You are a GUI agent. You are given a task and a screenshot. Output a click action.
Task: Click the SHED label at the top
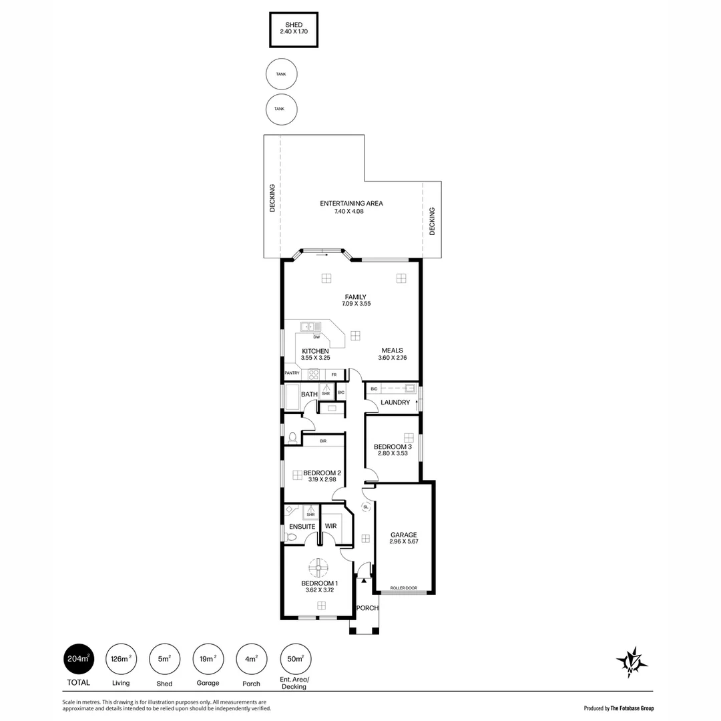294,25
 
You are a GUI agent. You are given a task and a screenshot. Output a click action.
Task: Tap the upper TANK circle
281,74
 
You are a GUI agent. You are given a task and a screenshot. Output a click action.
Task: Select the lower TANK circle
281,109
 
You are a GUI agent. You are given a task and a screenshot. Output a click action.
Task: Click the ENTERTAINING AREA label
351,204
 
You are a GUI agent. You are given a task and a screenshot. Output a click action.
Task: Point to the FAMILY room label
355,297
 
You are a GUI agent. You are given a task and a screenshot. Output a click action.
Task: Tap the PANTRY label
292,373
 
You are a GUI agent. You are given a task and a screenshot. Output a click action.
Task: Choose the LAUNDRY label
395,403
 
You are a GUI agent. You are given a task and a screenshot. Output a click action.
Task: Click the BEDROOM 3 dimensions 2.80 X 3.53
393,454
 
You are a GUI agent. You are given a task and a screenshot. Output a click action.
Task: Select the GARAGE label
404,535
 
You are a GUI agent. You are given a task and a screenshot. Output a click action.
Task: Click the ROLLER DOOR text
404,588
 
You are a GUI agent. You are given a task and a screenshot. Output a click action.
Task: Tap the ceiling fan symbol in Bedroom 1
318,569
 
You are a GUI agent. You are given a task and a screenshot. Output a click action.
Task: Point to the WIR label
330,526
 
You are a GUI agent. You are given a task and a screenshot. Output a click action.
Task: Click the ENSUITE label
302,526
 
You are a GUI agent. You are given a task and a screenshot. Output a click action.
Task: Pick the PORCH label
367,608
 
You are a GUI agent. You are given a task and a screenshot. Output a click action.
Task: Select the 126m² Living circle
121,659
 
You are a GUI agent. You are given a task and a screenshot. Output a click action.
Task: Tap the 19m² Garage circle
208,659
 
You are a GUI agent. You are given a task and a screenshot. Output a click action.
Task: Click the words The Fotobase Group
632,708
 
